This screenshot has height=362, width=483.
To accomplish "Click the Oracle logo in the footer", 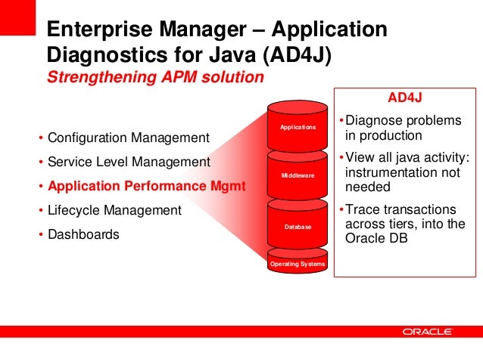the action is point(428,332).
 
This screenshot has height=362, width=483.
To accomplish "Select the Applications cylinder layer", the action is point(298,128).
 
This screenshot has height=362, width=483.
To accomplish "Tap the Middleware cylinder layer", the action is point(298,175).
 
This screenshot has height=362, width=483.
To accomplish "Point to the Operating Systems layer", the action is point(298,264).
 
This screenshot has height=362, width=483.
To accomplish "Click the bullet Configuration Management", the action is point(127,138).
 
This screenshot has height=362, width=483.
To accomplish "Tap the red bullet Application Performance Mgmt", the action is point(146,186).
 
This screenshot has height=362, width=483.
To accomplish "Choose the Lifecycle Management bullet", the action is point(114,210).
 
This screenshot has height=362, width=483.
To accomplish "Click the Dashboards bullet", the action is point(83,234).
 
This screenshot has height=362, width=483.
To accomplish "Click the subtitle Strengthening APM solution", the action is point(155,77).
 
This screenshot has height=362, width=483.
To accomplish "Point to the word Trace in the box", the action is point(362,209).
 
